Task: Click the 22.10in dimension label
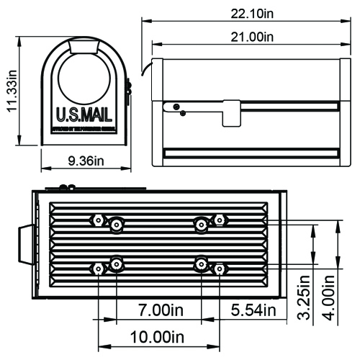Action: pyautogui.click(x=246, y=12)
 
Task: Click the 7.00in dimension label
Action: pyautogui.click(x=162, y=311)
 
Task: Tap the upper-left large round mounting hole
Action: pyautogui.click(x=115, y=226)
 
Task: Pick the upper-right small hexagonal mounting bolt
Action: pyautogui.click(x=220, y=219)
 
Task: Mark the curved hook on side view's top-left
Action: pyautogui.click(x=146, y=69)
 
